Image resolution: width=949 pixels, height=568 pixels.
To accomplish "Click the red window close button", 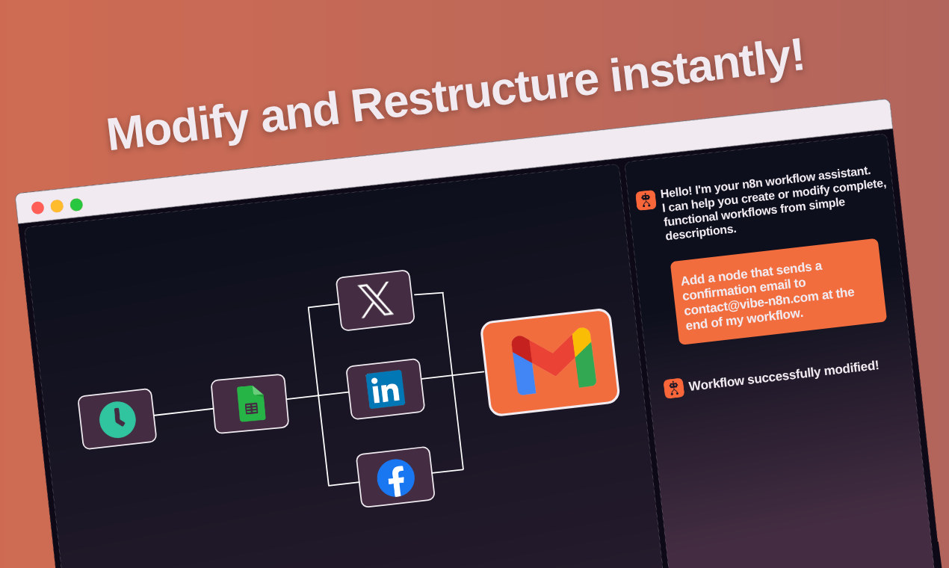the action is coord(37,208).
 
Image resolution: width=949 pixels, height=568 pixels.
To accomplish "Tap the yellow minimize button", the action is coord(57,206).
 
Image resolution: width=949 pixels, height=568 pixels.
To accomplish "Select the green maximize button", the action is coord(76,205).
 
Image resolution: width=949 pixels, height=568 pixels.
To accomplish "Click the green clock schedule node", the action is coord(117,419).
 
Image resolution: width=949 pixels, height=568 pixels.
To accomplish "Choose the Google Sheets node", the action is coord(250,404).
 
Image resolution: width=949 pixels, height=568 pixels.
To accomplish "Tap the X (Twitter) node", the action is coord(375,300).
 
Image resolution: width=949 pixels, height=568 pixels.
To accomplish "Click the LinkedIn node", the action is coord(385,389).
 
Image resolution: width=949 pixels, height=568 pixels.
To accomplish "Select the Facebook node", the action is coord(395,478).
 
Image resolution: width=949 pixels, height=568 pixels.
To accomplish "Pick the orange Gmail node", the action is coord(550,362).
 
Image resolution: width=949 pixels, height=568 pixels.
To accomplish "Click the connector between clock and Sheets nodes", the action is coord(183,411).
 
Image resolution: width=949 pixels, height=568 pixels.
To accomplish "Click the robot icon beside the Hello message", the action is coord(646,200).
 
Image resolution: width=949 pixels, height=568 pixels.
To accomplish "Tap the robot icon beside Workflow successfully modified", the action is coord(673,389).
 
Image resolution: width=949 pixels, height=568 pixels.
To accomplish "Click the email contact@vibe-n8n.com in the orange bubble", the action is coord(751,303).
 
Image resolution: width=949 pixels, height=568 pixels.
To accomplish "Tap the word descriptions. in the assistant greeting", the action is coord(701,232).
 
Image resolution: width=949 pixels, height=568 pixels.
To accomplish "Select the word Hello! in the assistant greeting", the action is coord(676,192).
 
